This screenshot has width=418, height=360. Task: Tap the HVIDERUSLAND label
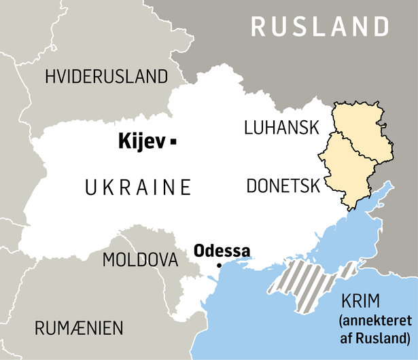tap(106, 76)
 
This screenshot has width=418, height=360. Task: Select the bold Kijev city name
tap(141, 141)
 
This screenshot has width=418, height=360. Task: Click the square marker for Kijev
tap(174, 141)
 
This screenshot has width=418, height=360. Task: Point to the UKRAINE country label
tap(138, 187)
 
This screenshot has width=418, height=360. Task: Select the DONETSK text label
tap(283, 185)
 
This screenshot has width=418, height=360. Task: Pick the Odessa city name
tap(222, 250)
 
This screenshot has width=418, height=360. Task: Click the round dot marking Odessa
tap(219, 266)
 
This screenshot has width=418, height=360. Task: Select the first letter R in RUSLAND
tap(260, 26)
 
